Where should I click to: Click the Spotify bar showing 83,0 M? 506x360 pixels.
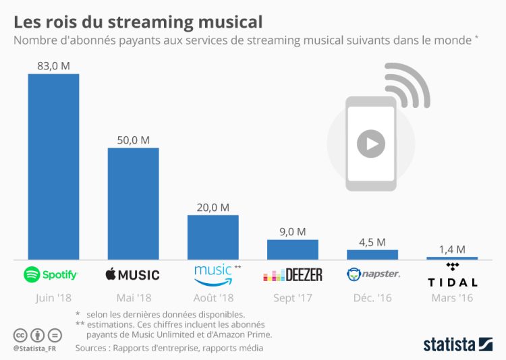[x=53, y=166]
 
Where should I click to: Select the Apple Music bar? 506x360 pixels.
[x=133, y=203]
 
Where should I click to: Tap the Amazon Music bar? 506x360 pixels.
[x=213, y=237]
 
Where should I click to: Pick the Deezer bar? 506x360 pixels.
[x=292, y=249]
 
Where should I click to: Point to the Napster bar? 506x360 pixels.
[x=372, y=254]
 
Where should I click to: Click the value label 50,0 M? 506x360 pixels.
[x=134, y=140]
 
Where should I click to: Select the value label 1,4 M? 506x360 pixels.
[x=452, y=249]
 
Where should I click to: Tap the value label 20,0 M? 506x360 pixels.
[x=213, y=207]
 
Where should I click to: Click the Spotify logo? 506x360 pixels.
[x=51, y=275]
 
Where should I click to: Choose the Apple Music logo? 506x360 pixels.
[x=133, y=275]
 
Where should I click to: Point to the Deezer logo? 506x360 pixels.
[x=292, y=275]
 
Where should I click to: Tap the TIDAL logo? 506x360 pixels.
[x=452, y=276]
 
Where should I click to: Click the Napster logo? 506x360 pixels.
[x=372, y=274]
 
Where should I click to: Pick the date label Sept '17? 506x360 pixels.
[x=292, y=297]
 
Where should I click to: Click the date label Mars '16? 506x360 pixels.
[x=451, y=297]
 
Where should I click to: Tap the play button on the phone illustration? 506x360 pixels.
[x=371, y=143]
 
